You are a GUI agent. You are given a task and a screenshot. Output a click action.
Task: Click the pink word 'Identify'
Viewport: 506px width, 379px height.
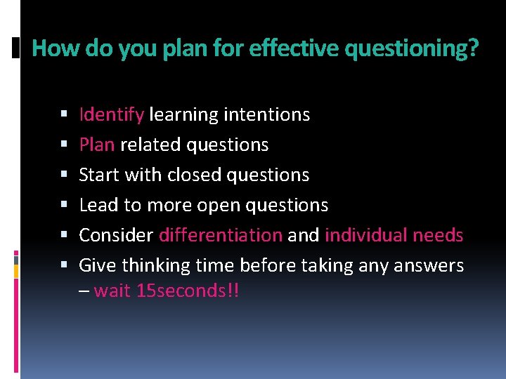pyautogui.click(x=112, y=114)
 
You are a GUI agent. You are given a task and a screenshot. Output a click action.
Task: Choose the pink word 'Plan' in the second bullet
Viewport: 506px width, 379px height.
pyautogui.click(x=97, y=145)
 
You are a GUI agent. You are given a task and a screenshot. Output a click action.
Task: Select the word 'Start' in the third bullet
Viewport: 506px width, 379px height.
pyautogui.click(x=99, y=175)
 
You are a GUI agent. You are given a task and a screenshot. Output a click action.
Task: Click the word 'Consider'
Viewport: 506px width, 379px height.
pyautogui.click(x=116, y=235)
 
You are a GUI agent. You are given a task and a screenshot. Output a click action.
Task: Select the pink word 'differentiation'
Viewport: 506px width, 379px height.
pyautogui.click(x=221, y=235)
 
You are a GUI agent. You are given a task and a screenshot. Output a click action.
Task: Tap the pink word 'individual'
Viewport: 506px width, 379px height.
pyautogui.click(x=368, y=235)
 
